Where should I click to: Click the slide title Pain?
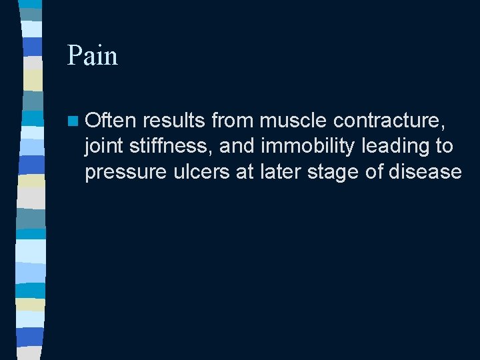[92, 55]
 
